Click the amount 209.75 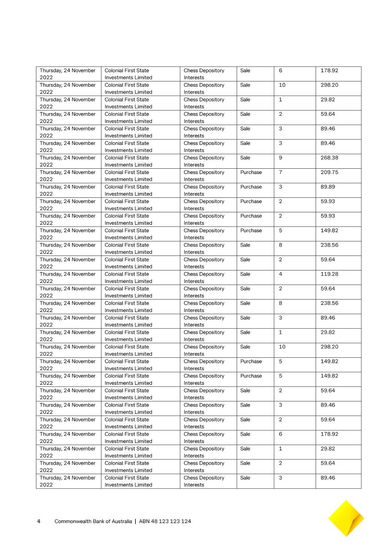point(329,172)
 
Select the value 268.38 point(329,158)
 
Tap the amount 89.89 point(327,187)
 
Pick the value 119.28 point(329,274)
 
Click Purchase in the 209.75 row point(251,172)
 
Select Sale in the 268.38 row point(245,158)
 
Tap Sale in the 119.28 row point(245,274)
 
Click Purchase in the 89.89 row point(251,187)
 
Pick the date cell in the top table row point(67,74)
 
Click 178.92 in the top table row point(329,71)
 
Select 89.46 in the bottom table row point(327,478)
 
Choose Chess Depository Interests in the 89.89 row point(204,190)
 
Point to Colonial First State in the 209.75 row point(127,172)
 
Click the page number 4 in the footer point(39,521)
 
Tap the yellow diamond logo point(346,518)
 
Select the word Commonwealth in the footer point(73,521)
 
